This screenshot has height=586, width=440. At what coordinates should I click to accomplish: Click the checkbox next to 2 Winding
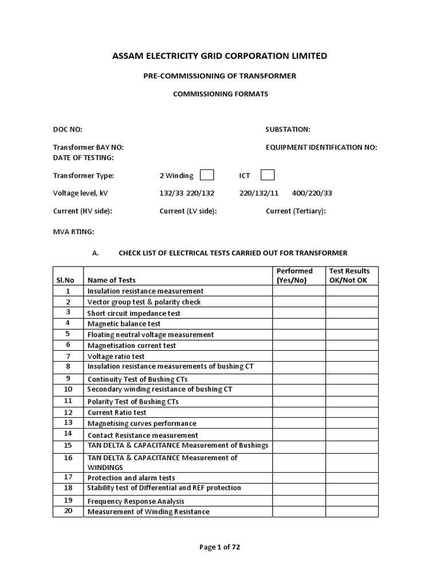click(207, 175)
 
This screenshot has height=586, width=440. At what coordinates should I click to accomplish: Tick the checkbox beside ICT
click(267, 175)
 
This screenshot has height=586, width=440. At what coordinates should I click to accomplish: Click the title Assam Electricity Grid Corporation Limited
click(220, 56)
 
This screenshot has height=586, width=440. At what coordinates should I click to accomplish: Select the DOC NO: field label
click(68, 130)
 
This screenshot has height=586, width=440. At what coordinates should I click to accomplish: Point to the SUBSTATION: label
click(288, 130)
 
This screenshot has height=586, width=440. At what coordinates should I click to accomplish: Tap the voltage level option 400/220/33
click(312, 193)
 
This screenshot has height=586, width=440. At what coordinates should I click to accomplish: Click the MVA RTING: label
click(73, 232)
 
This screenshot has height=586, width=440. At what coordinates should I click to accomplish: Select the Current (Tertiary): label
click(296, 211)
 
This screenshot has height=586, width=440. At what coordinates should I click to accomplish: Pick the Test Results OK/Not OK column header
click(349, 275)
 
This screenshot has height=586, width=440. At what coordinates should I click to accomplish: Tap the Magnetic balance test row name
click(120, 323)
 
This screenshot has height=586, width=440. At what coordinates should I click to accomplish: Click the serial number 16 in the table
click(68, 458)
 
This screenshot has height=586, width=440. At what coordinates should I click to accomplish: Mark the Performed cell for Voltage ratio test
click(298, 356)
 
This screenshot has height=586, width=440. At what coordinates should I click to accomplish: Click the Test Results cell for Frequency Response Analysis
click(352, 501)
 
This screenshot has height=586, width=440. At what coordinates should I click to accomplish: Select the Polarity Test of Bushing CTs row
click(132, 401)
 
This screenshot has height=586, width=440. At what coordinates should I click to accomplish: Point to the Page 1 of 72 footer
click(219, 547)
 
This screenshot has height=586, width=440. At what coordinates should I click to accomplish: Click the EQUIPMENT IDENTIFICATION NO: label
click(321, 148)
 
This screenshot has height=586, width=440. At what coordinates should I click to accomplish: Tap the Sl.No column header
click(65, 280)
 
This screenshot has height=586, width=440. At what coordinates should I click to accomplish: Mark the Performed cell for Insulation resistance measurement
click(298, 291)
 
